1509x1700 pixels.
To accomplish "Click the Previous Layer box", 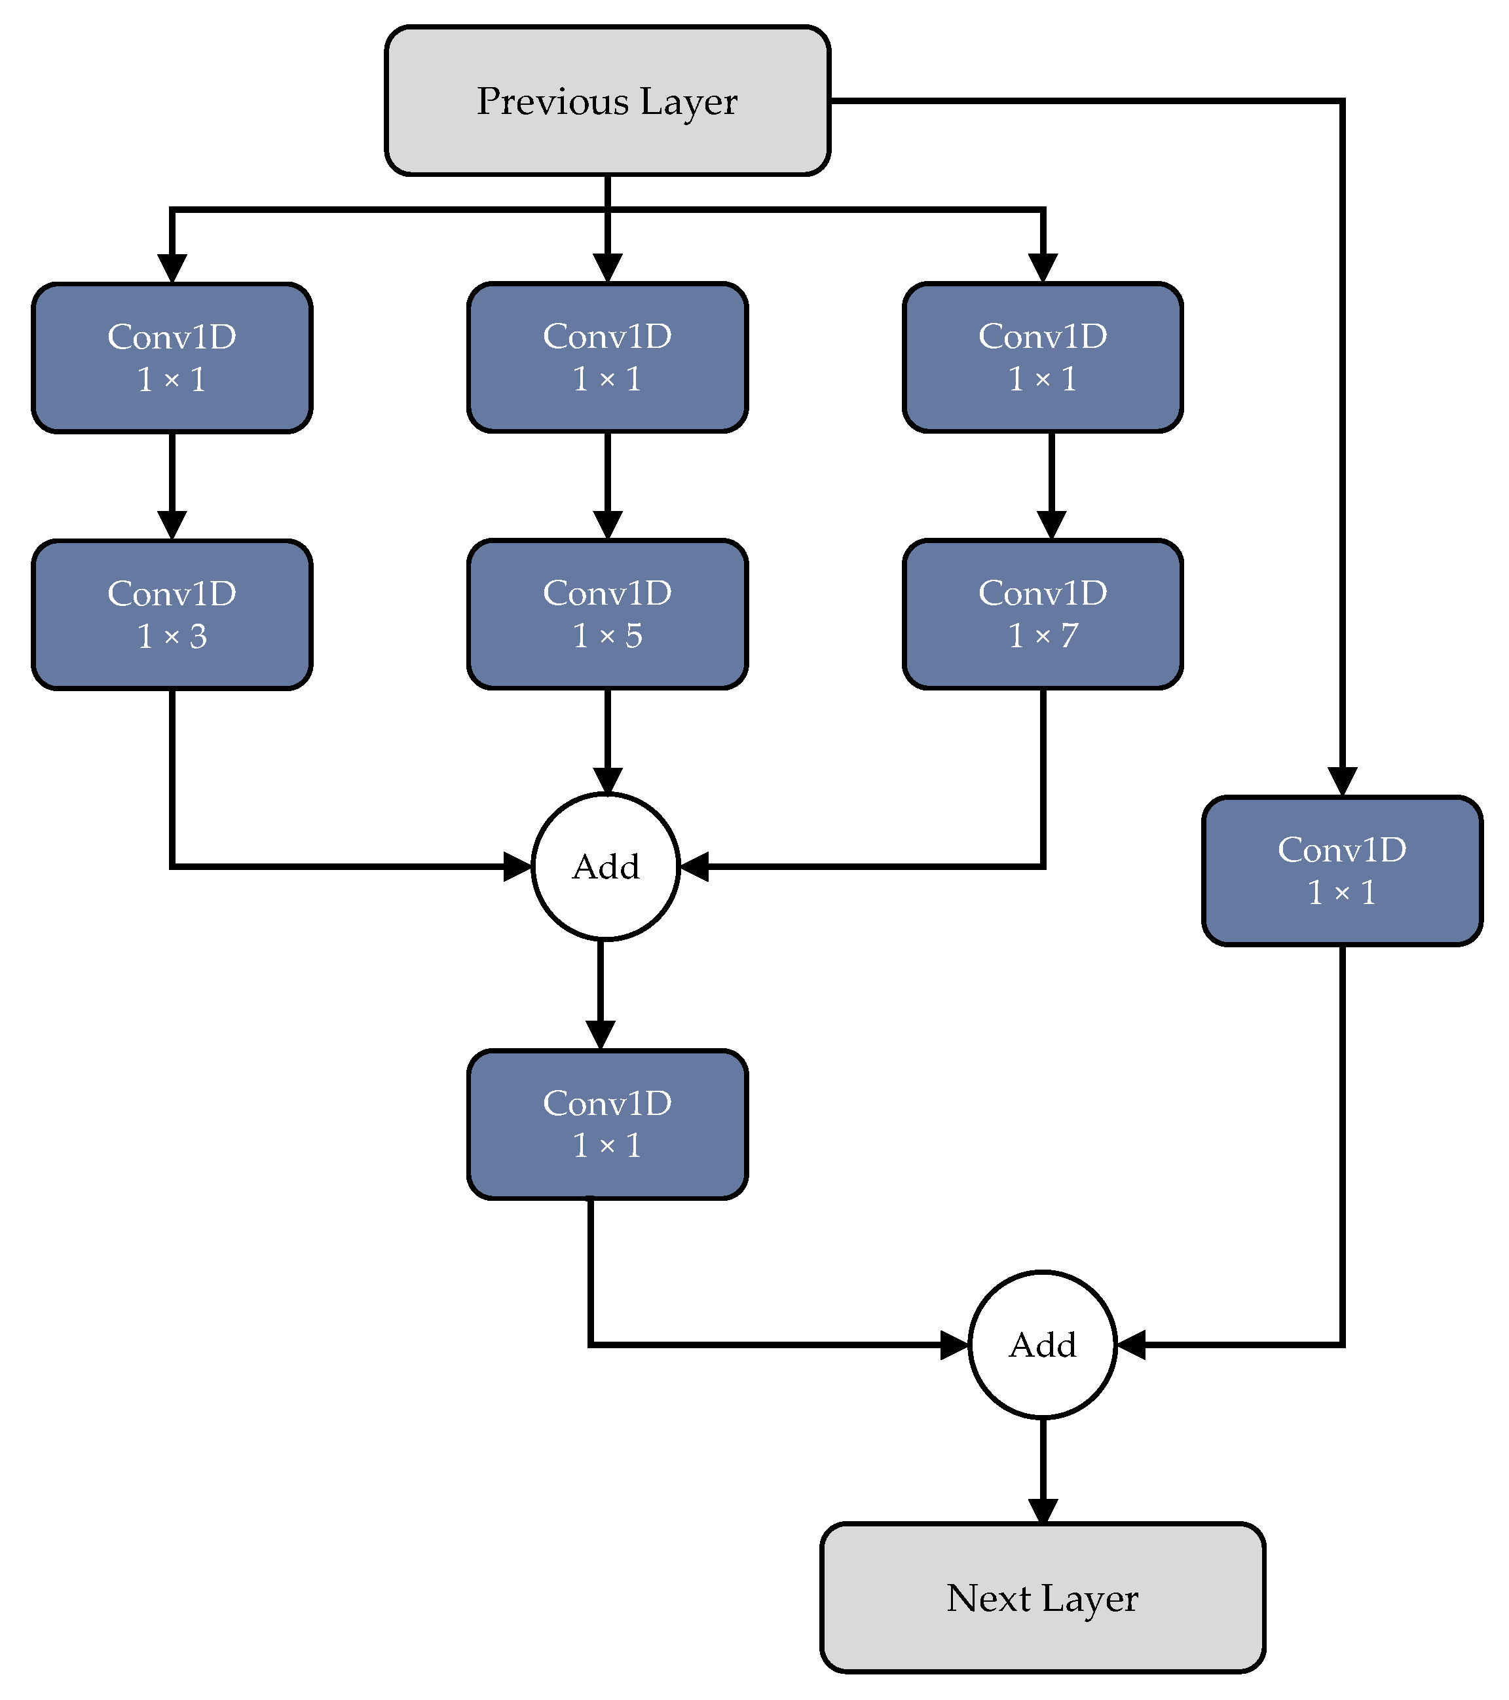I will tap(607, 101).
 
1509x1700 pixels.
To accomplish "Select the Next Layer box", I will tap(1043, 1598).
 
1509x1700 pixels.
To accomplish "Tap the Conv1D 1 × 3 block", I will tap(172, 614).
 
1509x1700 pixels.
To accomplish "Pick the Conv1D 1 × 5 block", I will tap(607, 614).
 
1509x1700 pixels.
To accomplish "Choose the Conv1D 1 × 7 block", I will tap(1043, 614).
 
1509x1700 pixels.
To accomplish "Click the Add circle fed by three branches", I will tap(606, 867).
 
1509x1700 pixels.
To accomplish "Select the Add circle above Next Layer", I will tap(1043, 1345).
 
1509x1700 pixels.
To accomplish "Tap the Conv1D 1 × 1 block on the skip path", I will tap(1342, 871).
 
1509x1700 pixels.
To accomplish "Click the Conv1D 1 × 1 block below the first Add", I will tap(607, 1124).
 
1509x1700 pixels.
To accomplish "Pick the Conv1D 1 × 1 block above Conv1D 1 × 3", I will tap(172, 358).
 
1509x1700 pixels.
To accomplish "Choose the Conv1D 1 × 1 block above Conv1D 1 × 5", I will tap(607, 357).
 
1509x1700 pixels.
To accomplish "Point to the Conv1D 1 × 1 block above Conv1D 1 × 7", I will tap(1043, 357).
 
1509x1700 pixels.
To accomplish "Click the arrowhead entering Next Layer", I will tap(1043, 1511).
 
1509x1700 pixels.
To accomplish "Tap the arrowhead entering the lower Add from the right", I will tap(1130, 1345).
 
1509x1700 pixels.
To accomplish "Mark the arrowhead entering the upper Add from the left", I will tap(517, 867).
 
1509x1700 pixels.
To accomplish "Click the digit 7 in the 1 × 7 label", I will tap(1069, 635).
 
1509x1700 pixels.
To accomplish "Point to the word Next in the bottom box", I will tap(988, 1598).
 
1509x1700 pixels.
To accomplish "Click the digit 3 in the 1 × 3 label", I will tap(198, 636).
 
